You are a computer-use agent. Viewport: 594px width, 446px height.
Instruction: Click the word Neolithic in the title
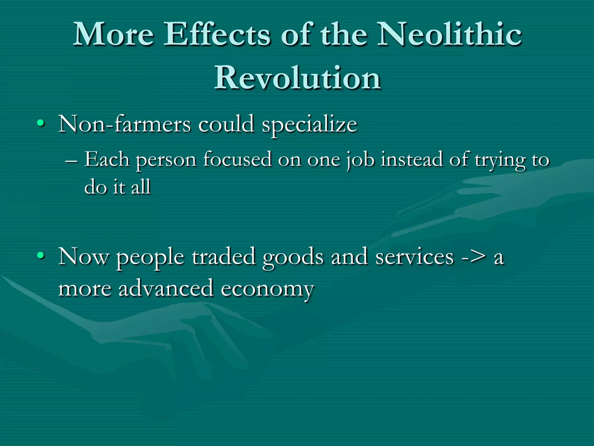(x=449, y=35)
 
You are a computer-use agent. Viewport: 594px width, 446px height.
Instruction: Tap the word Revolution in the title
(x=297, y=78)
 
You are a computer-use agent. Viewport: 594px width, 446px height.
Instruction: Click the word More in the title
(x=113, y=35)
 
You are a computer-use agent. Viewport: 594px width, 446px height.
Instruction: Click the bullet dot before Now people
(x=41, y=256)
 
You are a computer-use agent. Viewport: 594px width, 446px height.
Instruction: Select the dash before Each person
(x=71, y=161)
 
